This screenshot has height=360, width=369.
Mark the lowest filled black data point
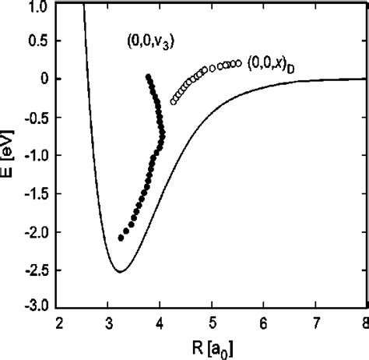[x=121, y=238]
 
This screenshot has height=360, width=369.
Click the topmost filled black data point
[x=148, y=76]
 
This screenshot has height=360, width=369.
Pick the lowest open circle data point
[x=173, y=102]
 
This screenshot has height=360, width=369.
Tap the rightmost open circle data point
[x=238, y=64]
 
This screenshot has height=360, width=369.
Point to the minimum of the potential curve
[x=121, y=271]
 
